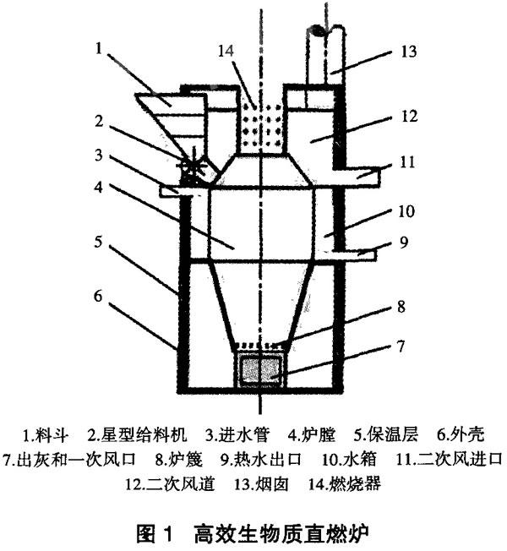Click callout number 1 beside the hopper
tap(99, 48)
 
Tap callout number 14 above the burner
tap(226, 51)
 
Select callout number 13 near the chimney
tap(409, 52)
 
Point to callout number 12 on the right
tap(410, 117)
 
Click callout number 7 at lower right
tap(401, 346)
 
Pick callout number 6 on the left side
tap(98, 296)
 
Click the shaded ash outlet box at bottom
tap(260, 369)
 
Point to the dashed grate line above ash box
tap(260, 345)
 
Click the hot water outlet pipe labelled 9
tap(352, 254)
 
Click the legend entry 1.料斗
tap(46, 434)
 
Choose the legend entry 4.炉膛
tap(312, 434)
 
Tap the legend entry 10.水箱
tap(349, 459)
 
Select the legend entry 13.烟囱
tap(262, 484)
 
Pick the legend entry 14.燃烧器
tap(345, 484)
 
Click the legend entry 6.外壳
tap(461, 434)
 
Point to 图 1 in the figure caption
tap(155, 534)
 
